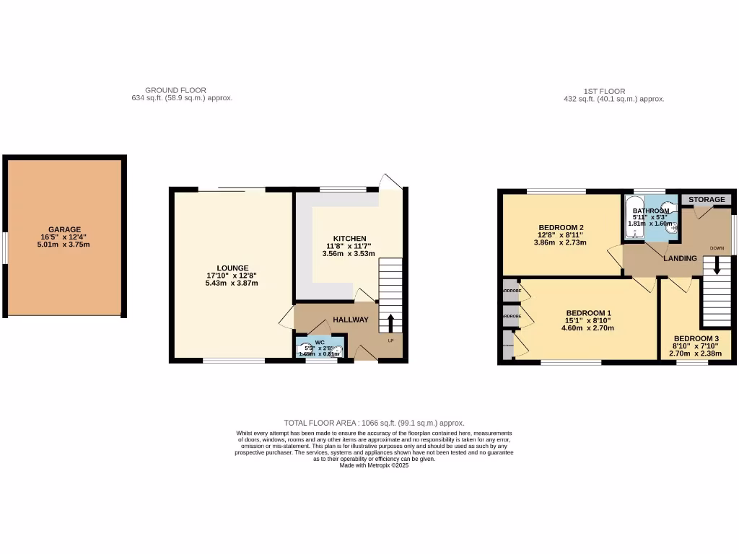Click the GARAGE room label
65,229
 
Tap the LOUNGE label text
232,268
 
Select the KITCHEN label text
349,239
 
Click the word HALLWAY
351,320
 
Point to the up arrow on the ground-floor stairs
391,322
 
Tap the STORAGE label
707,199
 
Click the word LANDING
680,258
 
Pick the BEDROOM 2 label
561,228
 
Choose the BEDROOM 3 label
696,339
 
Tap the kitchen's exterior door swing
390,181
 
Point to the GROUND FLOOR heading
175,90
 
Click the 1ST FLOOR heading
604,91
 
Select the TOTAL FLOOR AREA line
374,423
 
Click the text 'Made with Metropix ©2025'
374,465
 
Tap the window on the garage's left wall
4,248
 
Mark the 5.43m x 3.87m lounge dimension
232,283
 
